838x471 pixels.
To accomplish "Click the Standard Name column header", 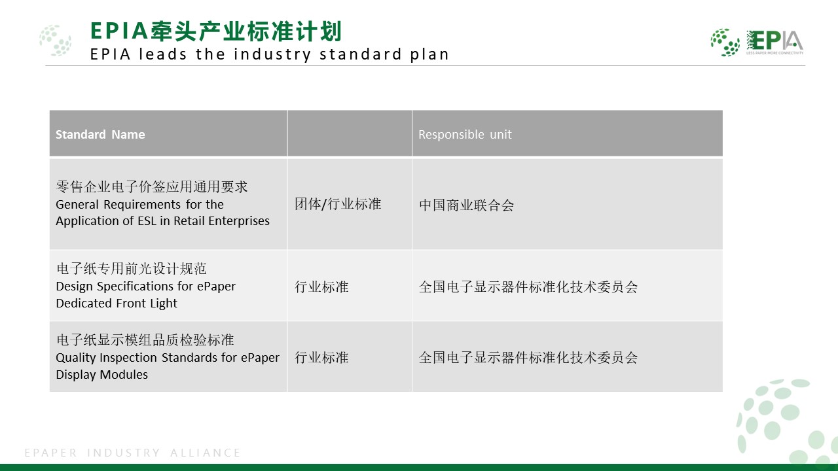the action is click(100, 134).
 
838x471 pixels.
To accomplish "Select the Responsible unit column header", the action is click(465, 134).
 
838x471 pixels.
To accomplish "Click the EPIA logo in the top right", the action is click(757, 43).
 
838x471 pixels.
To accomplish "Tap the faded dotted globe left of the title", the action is click(56, 41).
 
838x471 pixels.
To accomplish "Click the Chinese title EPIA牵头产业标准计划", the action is click(216, 31).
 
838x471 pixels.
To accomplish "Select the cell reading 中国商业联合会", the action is click(466, 205).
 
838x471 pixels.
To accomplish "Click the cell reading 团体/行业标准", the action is click(338, 204).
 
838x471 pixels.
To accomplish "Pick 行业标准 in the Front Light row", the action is click(321, 287).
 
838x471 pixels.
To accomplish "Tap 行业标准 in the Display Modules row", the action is click(321, 358).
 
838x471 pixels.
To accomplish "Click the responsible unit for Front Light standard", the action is click(528, 287).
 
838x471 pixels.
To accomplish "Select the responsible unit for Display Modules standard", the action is click(528, 358).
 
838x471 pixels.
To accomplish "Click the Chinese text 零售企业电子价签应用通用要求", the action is click(151, 186).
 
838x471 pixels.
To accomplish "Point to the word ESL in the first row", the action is click(147, 221).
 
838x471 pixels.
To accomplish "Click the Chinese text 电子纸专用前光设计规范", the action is click(132, 268).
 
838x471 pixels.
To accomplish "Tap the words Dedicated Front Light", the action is click(117, 303).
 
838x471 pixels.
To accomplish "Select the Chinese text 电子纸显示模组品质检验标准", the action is click(145, 340).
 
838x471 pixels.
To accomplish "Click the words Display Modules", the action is click(101, 375).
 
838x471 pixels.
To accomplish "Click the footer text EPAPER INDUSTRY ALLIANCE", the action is click(132, 453).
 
